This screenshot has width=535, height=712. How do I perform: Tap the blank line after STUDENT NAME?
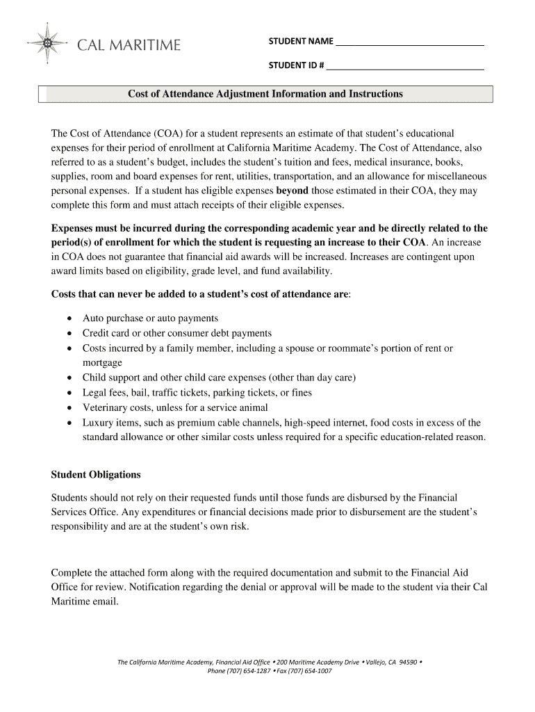point(409,43)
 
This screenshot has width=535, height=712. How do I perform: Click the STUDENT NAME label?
point(301,42)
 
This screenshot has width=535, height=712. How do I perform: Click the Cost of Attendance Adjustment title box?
point(265,94)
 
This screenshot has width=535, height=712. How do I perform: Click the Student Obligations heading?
point(96,474)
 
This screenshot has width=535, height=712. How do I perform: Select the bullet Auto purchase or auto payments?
point(150,318)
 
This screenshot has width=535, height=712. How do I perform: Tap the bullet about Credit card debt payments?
point(176,333)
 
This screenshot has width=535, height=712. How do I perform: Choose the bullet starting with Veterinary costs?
point(174,407)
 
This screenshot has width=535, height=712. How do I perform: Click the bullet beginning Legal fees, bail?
point(197,393)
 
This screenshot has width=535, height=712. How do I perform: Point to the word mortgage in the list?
point(102,363)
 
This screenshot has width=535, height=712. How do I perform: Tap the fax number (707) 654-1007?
point(308,671)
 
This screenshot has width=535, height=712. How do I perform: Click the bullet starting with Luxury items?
point(281,423)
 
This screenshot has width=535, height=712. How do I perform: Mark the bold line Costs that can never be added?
point(201,294)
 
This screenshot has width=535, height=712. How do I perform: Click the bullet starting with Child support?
point(219,378)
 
